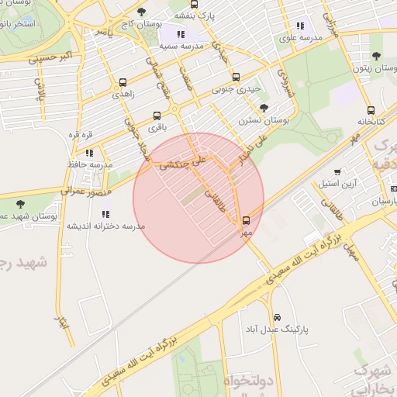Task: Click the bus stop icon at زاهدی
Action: [x=123, y=83]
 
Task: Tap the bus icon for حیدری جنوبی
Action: [x=236, y=77]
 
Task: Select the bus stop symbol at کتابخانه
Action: [x=371, y=110]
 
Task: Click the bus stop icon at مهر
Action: [x=246, y=220]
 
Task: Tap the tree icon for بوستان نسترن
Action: [x=264, y=109]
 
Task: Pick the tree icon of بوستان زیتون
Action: [x=376, y=56]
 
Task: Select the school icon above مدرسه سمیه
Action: [x=181, y=34]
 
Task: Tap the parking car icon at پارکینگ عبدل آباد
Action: [x=277, y=317]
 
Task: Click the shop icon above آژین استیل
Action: [x=337, y=172]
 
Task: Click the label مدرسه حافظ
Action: [x=89, y=164]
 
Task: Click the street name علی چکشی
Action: [x=184, y=161]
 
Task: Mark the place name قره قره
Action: [x=81, y=135]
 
